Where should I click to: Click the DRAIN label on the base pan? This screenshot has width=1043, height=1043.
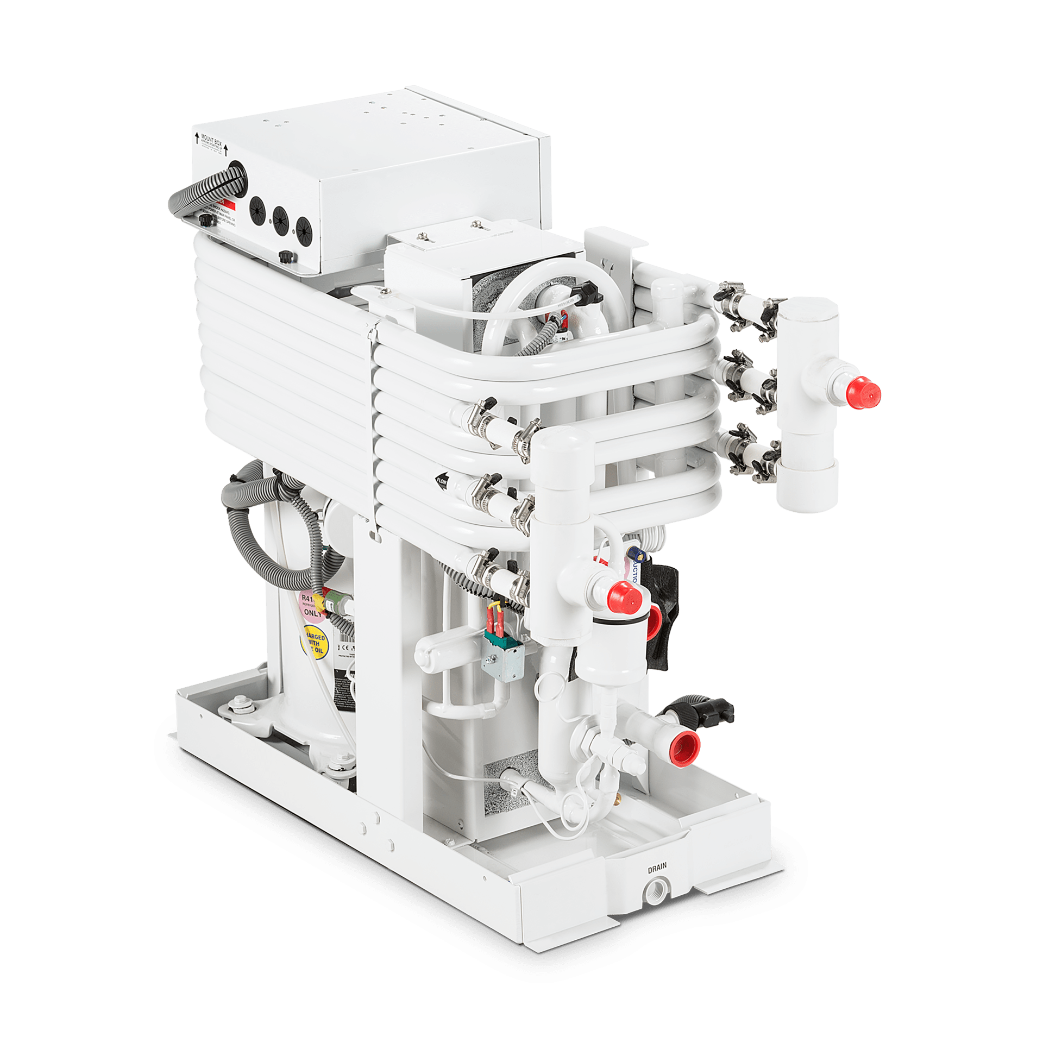(x=657, y=869)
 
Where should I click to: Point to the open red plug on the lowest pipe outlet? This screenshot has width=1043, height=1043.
(x=686, y=744)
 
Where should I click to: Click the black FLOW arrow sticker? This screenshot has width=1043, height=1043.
(x=442, y=480)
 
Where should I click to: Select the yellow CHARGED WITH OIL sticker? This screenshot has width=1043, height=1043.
(x=313, y=643)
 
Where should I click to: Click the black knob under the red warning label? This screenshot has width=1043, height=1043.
(x=205, y=220)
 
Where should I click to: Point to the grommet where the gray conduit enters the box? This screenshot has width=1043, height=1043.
(x=237, y=171)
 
